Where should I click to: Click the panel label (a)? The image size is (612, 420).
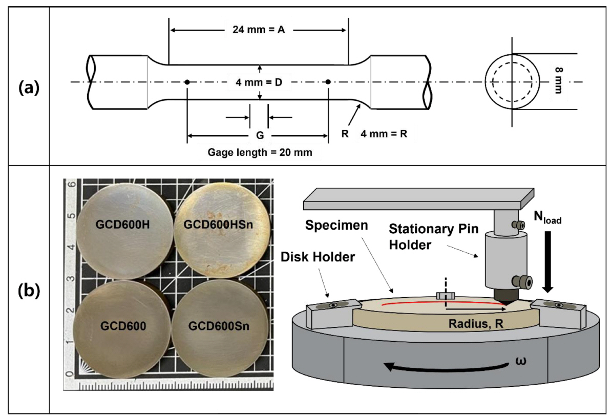[x=29, y=88]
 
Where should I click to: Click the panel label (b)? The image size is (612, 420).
[x=29, y=290]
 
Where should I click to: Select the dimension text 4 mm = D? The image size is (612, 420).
[x=260, y=82]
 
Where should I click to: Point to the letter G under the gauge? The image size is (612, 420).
[x=259, y=136]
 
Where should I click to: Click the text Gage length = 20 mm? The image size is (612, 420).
[x=260, y=152]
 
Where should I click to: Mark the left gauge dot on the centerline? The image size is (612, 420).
[x=187, y=82]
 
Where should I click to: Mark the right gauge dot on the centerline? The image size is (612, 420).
[x=328, y=82]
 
